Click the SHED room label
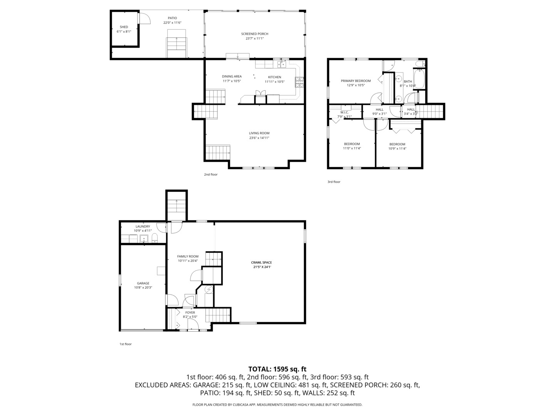(124, 27)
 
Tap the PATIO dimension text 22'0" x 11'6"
(172, 23)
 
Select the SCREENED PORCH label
(254, 34)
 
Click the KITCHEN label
(274, 77)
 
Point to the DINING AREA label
(232, 76)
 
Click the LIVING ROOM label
(259, 133)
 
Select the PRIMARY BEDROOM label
(355, 81)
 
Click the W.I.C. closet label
(344, 112)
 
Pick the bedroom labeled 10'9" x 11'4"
(397, 144)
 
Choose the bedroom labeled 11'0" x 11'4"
(351, 144)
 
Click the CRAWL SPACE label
(262, 263)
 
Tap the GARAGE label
(143, 283)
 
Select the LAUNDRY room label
(143, 226)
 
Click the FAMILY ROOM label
(188, 257)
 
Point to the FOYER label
(190, 313)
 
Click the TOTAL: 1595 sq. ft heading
(277, 369)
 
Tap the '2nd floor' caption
(211, 174)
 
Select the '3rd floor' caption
(334, 182)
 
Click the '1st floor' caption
(125, 344)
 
